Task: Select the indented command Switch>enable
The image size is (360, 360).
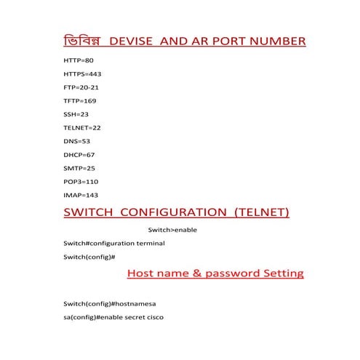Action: pos(172,230)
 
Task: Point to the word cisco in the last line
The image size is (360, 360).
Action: pos(161,317)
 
